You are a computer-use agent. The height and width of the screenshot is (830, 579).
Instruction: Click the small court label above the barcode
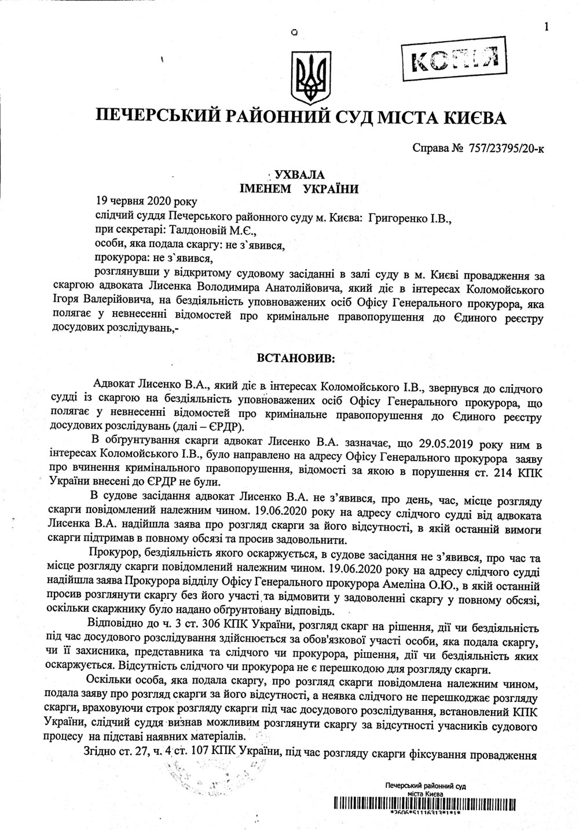click(x=426, y=788)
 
